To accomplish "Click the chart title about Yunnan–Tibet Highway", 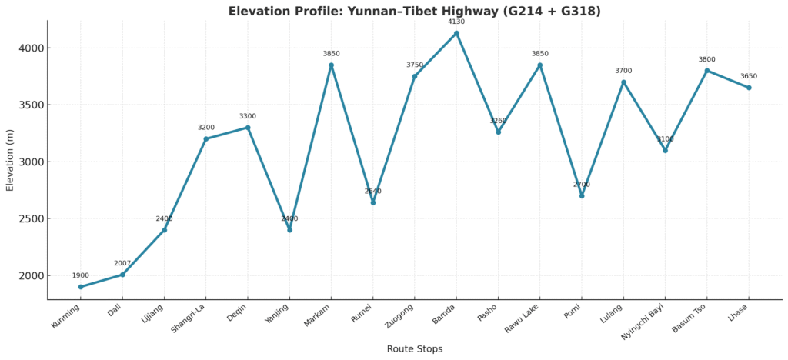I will tap(414, 12).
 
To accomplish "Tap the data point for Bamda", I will tap(456, 33).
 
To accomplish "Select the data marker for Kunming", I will tap(81, 287).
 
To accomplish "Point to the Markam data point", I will tap(332, 65).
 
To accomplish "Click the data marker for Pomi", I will tap(582, 196).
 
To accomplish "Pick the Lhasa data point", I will tap(749, 88).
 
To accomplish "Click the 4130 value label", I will tap(456, 22).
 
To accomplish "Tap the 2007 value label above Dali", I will tap(122, 263).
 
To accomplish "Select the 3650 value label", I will tap(749, 76).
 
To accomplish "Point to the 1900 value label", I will tap(81, 275).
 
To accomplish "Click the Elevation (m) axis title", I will tap(10, 159).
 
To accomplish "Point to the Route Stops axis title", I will tap(414, 349).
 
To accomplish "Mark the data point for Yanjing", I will tap(289, 230).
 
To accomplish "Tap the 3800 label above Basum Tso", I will tap(706, 59).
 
